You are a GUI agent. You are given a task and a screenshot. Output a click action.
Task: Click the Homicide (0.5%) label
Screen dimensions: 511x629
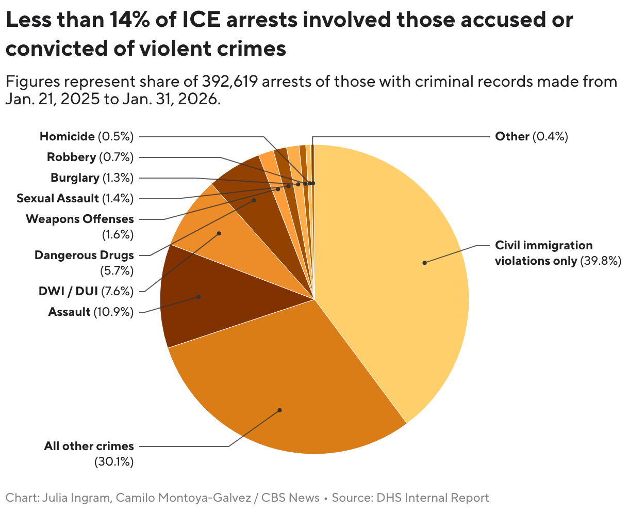tap(87, 136)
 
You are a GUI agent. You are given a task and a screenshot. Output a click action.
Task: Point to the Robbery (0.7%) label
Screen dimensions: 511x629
tap(90, 157)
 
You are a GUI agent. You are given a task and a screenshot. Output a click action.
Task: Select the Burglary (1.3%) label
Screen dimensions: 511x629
tap(92, 178)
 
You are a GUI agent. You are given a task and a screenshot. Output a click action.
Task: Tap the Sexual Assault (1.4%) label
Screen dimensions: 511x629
tap(75, 198)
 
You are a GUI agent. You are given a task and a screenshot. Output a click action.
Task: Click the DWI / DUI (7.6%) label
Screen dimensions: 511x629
tap(86, 291)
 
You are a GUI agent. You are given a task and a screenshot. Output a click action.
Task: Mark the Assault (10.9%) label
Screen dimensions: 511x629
tap(91, 312)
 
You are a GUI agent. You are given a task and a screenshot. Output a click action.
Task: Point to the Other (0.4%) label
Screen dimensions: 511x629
tap(531, 136)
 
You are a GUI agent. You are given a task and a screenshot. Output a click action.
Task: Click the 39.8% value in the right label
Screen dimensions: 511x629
tap(601, 261)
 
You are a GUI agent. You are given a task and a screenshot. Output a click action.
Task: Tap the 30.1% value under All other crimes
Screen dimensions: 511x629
tap(113, 461)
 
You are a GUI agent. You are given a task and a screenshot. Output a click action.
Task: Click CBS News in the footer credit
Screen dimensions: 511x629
tap(290, 498)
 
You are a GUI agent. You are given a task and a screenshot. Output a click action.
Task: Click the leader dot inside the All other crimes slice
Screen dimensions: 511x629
tap(279, 410)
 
